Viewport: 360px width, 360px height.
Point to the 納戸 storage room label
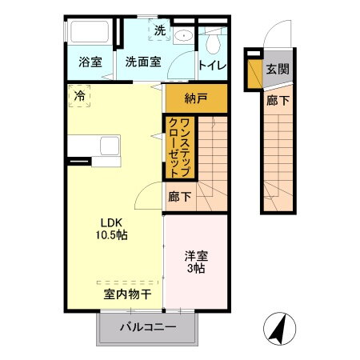pyautogui.click(x=195, y=99)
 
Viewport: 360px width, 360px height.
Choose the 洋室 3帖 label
pyautogui.click(x=196, y=262)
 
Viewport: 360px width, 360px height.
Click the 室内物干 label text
pyautogui.click(x=126, y=294)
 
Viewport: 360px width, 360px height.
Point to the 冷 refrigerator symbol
pyautogui.click(x=80, y=96)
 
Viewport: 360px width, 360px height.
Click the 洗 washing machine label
pyautogui.click(x=159, y=32)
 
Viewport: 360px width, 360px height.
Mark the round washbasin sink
pyautogui.click(x=184, y=35)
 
